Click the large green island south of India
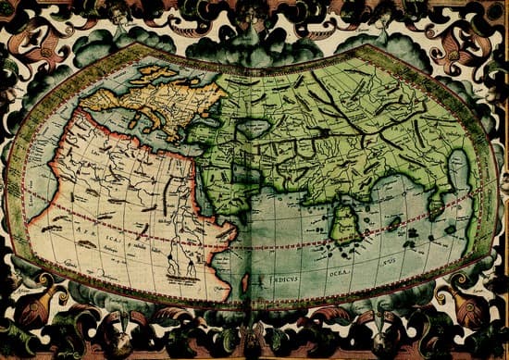point(346,223)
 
